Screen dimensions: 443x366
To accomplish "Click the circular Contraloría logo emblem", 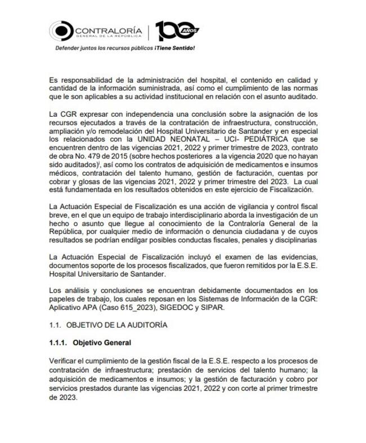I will point(61,31).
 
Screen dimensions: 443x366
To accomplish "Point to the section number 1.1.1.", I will point(57,343).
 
